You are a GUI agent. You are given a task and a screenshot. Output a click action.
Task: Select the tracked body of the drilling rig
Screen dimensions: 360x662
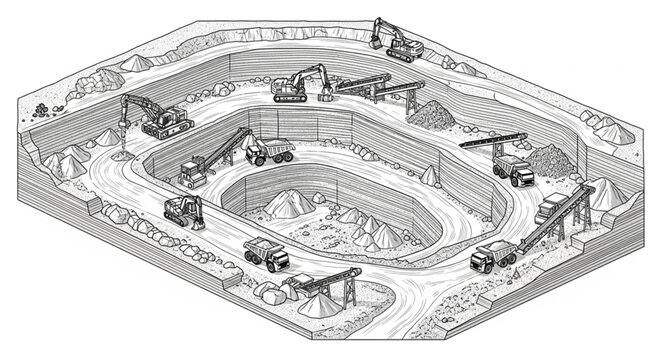pyautogui.click(x=168, y=128)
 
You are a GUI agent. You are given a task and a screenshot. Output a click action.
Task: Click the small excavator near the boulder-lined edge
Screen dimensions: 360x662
pyautogui.click(x=183, y=210)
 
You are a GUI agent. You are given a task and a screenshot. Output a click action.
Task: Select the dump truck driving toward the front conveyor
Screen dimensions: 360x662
pyautogui.click(x=266, y=254)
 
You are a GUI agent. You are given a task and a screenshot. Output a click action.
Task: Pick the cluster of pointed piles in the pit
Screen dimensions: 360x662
pyautogui.click(x=375, y=233)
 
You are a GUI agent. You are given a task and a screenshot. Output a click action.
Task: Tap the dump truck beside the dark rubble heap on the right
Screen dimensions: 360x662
pyautogui.click(x=514, y=170)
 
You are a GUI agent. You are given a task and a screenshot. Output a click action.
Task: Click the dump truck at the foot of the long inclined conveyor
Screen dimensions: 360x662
pyautogui.click(x=493, y=257)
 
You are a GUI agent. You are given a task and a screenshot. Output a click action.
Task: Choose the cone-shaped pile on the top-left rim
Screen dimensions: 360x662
pyautogui.click(x=137, y=63)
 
